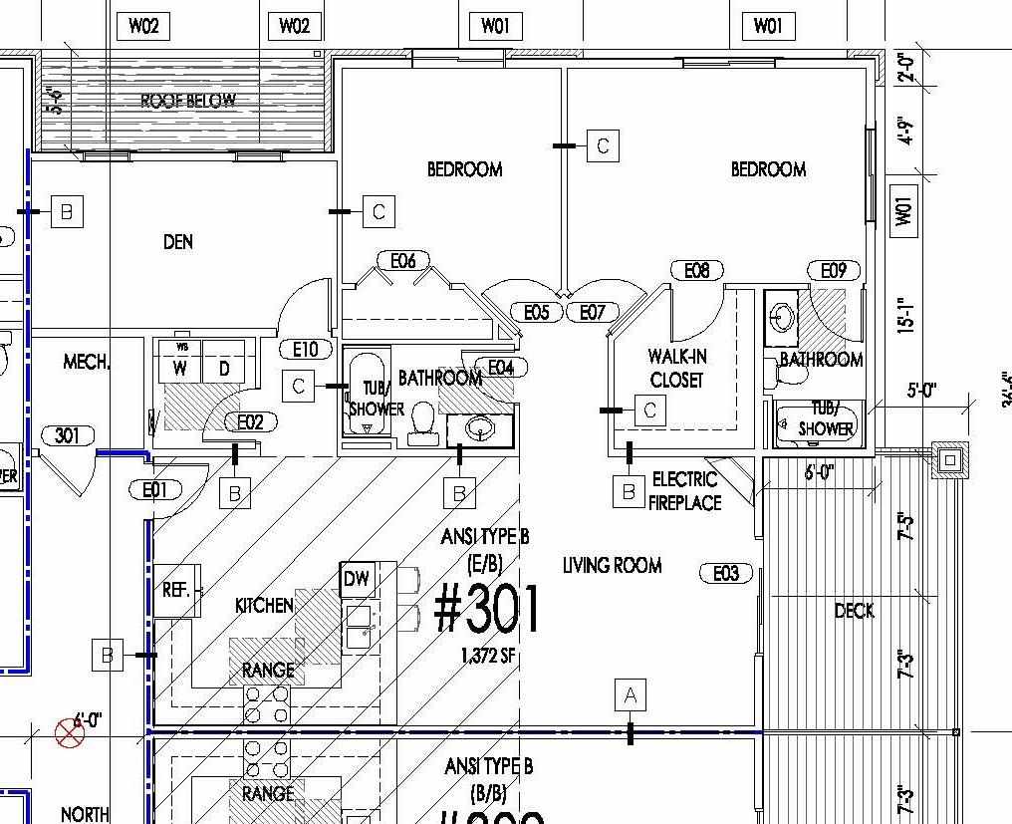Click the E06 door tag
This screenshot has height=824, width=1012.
pos(402,261)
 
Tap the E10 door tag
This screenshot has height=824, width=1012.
pos(306,349)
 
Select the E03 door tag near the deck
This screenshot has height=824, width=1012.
pos(726,573)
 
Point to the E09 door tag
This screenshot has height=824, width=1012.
pos(834,270)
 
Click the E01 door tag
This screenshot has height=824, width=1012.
pos(155,489)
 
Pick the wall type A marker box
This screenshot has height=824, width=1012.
pos(630,694)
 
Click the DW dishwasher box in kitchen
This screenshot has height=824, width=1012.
pos(356,579)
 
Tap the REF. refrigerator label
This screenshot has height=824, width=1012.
pos(176,590)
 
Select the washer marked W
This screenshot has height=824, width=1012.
pos(180,369)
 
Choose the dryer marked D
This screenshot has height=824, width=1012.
pos(224,369)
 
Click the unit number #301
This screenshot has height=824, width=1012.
pos(488,610)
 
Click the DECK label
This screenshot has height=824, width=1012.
pos(854,611)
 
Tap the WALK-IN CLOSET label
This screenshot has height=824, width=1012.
pos(676,368)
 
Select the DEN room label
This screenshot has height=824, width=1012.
pos(177,241)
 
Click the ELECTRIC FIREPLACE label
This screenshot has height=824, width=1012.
pos(684,491)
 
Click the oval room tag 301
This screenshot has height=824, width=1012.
pos(68,435)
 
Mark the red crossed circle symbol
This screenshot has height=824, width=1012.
pos(69,734)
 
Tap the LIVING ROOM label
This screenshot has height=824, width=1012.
pos(612,566)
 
